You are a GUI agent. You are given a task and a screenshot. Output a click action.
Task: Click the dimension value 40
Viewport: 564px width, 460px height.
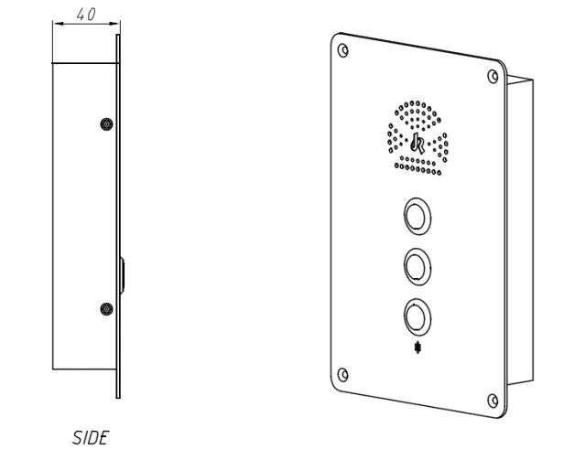click(x=86, y=15)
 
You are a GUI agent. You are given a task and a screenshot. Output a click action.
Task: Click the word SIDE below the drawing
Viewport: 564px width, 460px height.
click(x=91, y=438)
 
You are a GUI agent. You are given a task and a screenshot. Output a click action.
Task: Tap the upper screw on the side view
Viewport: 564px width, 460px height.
click(x=106, y=124)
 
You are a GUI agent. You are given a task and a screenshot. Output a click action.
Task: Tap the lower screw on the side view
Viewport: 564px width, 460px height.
click(x=106, y=309)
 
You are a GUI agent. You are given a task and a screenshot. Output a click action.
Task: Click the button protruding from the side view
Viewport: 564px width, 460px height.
click(x=123, y=275)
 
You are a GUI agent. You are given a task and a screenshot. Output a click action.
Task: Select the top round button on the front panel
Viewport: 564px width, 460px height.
click(x=418, y=217)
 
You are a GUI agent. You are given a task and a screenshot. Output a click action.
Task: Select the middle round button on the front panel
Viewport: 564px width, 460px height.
click(x=418, y=267)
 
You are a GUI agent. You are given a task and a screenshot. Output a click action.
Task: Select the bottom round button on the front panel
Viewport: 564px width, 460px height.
click(x=418, y=317)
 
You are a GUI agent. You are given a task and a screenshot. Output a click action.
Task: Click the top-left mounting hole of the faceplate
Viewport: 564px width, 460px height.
click(x=343, y=50)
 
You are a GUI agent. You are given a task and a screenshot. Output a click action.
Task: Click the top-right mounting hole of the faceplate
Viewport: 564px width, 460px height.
click(x=493, y=76)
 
